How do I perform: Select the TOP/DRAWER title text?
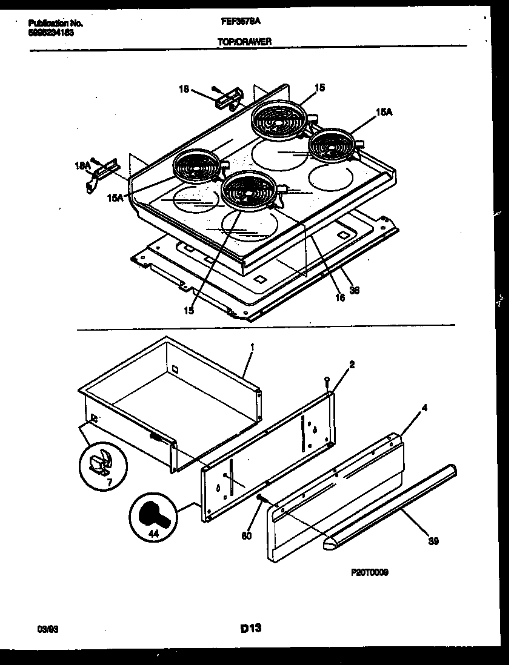point(244,41)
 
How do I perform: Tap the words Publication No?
point(55,23)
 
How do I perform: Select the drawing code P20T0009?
point(369,572)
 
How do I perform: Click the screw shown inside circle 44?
point(152,517)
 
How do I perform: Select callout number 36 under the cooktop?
point(355,289)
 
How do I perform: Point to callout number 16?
point(339,297)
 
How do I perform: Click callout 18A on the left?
point(82,164)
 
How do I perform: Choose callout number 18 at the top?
point(183,89)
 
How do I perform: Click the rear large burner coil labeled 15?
point(279,118)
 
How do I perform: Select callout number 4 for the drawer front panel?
point(424,408)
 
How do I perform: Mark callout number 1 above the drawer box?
point(252,347)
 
